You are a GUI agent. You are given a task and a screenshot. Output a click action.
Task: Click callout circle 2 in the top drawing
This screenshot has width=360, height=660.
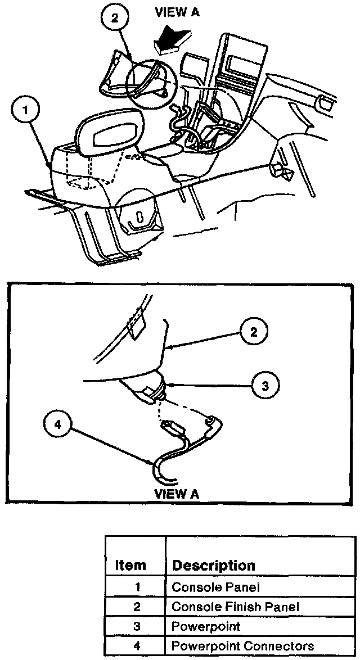pyautogui.click(x=114, y=18)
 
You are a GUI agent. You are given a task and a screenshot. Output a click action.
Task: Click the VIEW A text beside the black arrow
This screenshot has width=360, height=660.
pyautogui.click(x=178, y=12)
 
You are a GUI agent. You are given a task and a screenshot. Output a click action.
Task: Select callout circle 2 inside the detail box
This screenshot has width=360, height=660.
pyautogui.click(x=253, y=332)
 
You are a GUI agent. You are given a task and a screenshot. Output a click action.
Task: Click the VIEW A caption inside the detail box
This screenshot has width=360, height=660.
pyautogui.click(x=177, y=494)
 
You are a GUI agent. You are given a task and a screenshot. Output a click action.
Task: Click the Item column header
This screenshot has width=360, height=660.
pyautogui.click(x=130, y=565)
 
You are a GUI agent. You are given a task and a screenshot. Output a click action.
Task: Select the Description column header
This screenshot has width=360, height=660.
pyautogui.click(x=213, y=565)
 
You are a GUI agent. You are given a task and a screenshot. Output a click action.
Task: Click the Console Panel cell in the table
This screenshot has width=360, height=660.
pyautogui.click(x=216, y=587)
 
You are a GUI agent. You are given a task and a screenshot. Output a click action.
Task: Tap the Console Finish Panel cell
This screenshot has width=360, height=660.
pyautogui.click(x=235, y=607)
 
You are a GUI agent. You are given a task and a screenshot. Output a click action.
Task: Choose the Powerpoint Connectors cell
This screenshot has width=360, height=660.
pyautogui.click(x=242, y=646)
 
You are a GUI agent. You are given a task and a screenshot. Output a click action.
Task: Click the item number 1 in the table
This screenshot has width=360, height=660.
pyautogui.click(x=136, y=587)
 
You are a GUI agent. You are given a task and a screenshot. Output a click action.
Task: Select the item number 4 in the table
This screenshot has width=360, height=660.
pyautogui.click(x=136, y=646)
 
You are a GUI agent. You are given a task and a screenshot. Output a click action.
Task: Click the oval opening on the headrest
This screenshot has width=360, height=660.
pyautogui.click(x=112, y=135)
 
